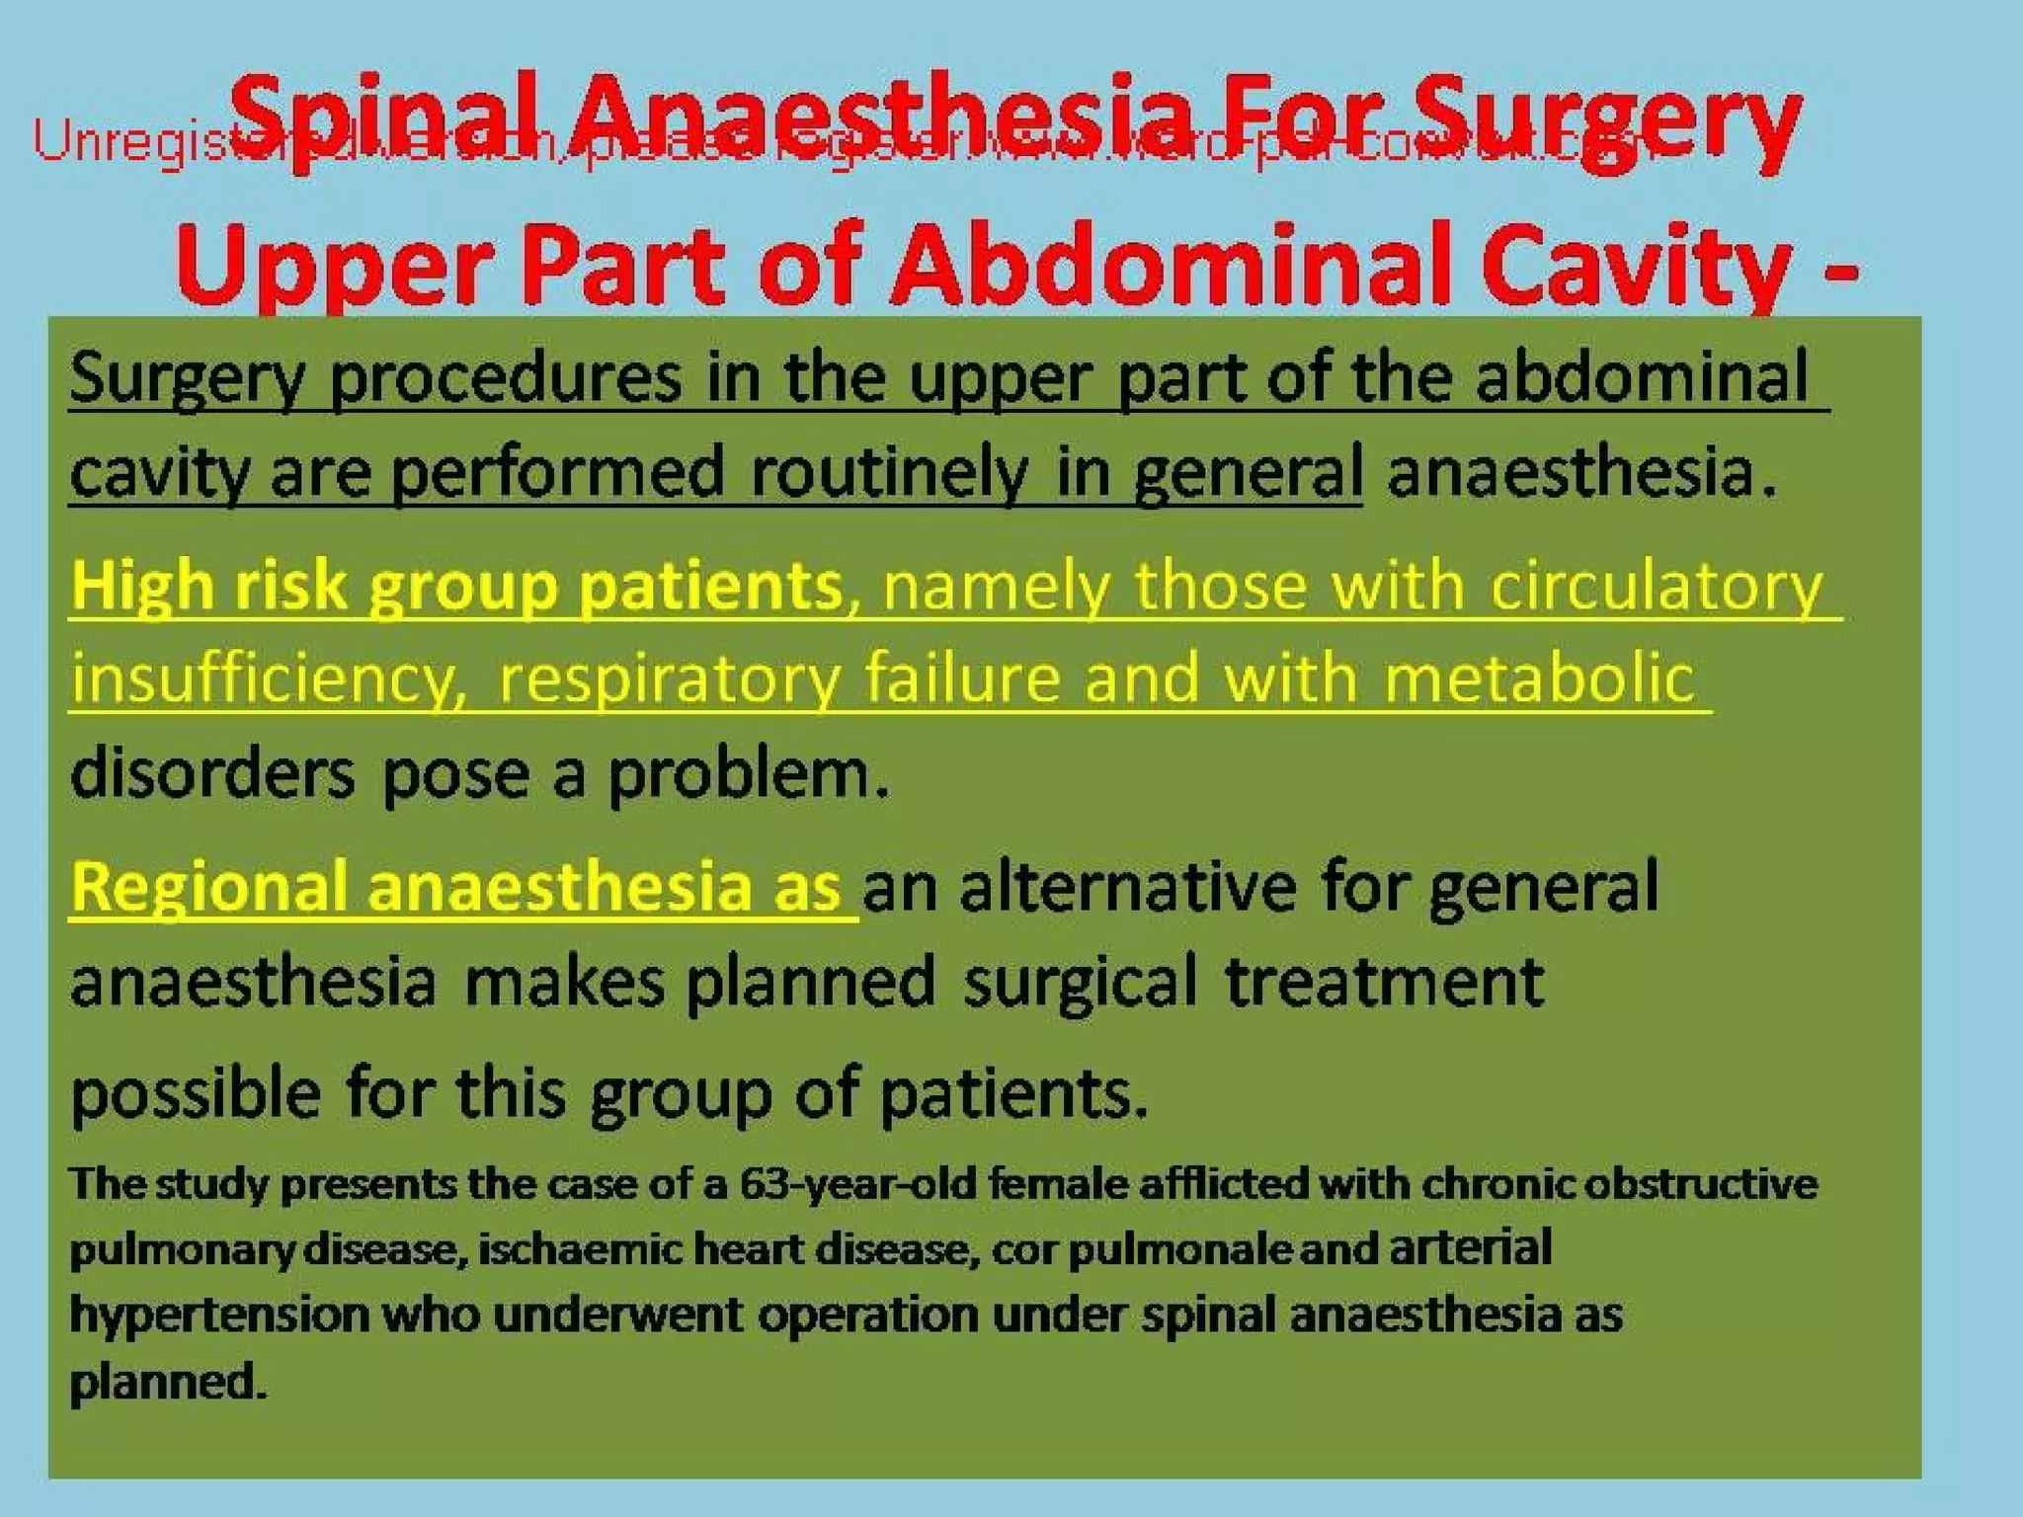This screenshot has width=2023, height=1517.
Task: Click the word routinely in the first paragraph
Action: point(889,473)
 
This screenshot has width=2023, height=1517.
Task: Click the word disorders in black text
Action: point(212,773)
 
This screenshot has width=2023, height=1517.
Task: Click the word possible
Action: point(197,1093)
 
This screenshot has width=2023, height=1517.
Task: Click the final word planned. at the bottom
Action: point(168,1381)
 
